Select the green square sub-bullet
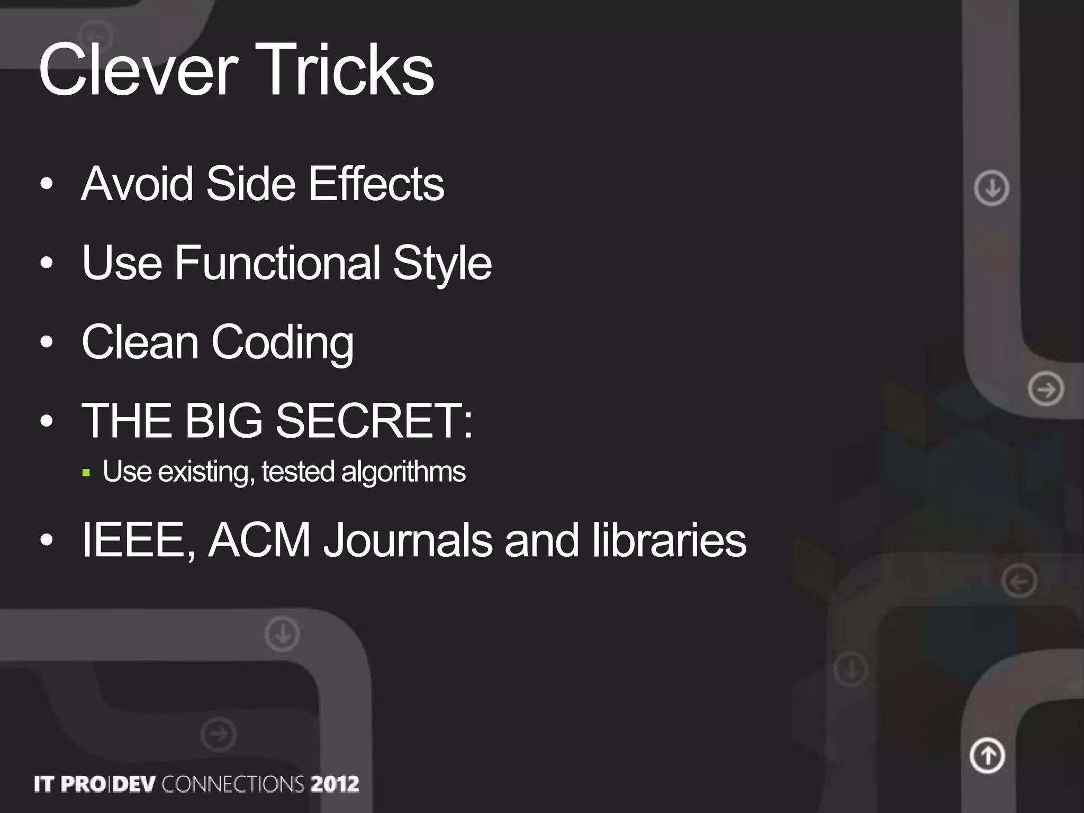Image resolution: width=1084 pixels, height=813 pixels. click(87, 473)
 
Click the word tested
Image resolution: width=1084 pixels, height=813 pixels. click(298, 471)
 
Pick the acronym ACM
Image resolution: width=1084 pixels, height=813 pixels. click(259, 540)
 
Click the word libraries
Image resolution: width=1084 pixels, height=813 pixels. click(669, 540)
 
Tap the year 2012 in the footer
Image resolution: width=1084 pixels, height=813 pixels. click(335, 784)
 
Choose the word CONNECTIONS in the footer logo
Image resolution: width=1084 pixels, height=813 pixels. click(233, 784)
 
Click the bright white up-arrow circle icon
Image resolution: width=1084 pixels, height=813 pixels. click(987, 755)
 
